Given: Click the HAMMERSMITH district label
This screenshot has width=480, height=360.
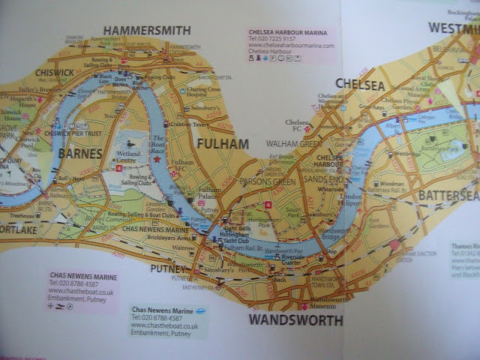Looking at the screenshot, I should pyautogui.click(x=147, y=31).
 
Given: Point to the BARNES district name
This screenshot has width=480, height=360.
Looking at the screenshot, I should pyautogui.click(x=79, y=154).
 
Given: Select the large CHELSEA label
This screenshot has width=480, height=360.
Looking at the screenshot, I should pyautogui.click(x=360, y=83).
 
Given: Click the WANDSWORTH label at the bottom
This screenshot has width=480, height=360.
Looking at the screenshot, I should pyautogui.click(x=295, y=320).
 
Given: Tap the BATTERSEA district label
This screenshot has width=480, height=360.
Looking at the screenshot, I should pyautogui.click(x=448, y=196).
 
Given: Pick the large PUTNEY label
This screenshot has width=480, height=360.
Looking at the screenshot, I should pyautogui.click(x=168, y=268).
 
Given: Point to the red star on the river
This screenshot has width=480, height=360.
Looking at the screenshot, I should pyautogui.click(x=157, y=159).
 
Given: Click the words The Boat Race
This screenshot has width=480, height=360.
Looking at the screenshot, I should pyautogui.click(x=158, y=143).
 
